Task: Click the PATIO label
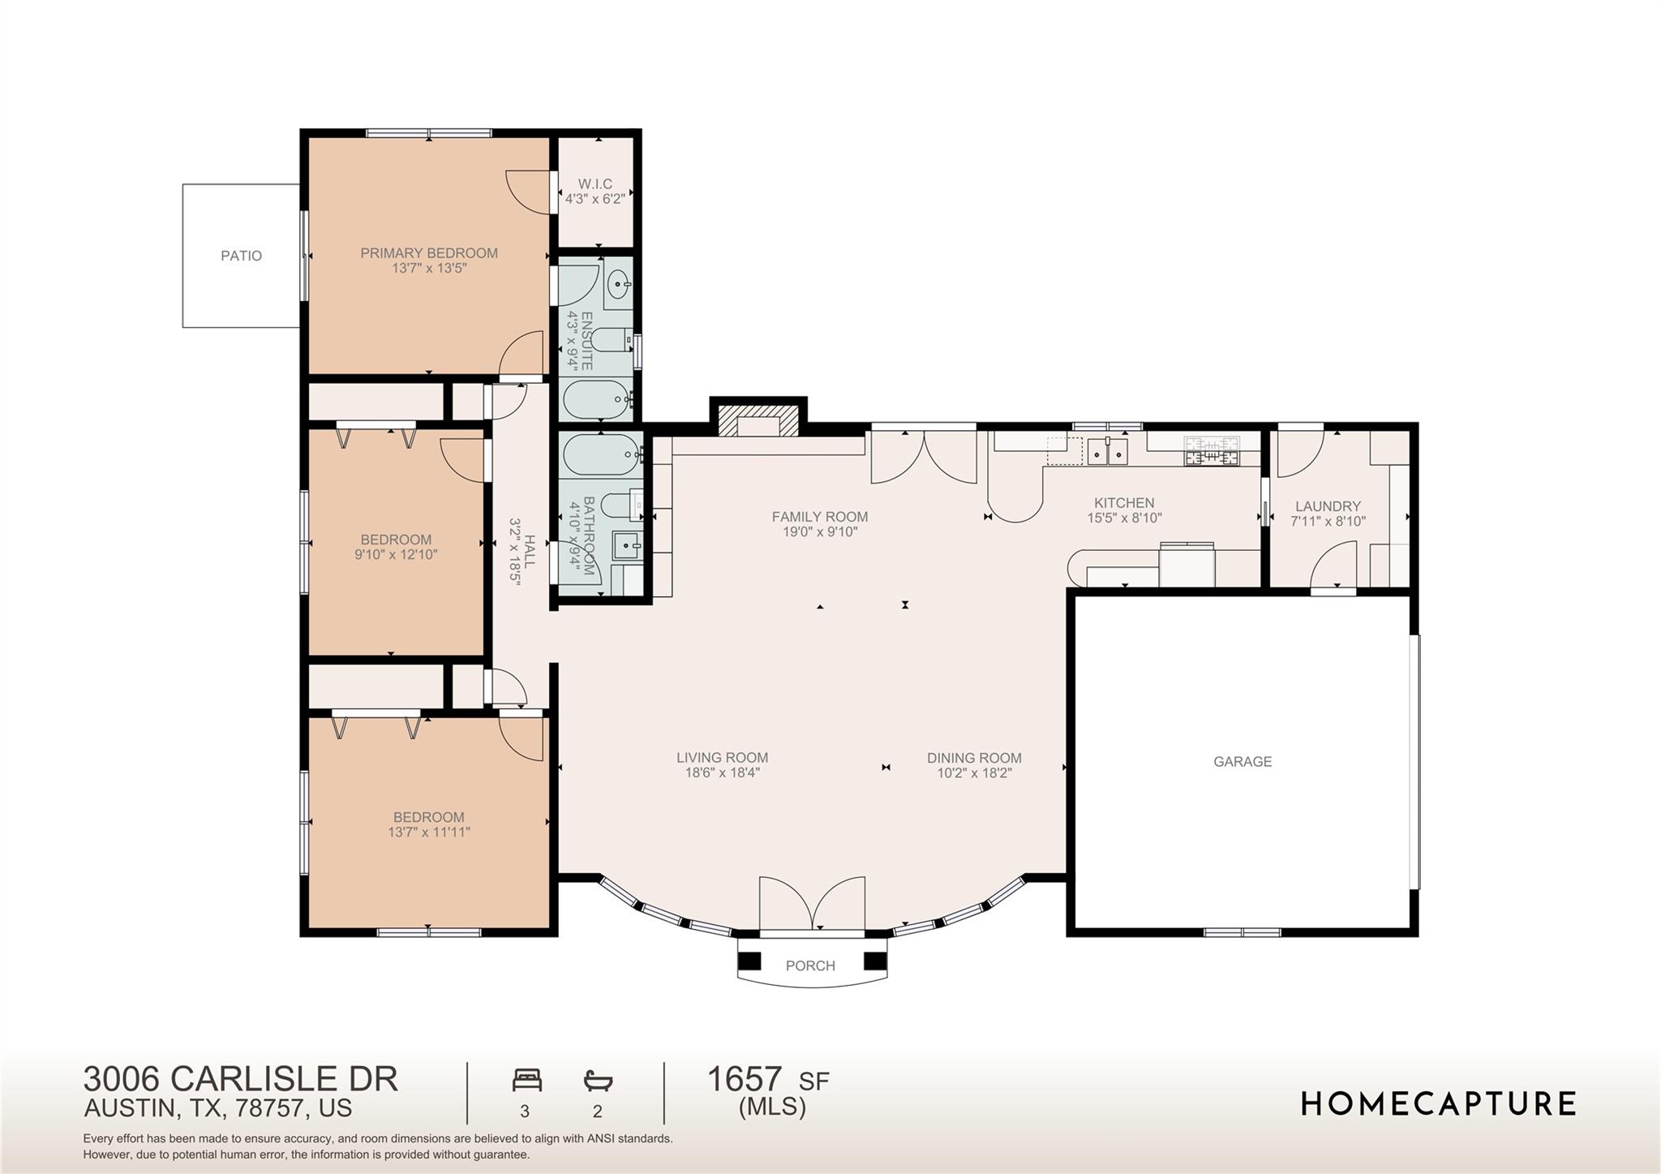[x=241, y=256]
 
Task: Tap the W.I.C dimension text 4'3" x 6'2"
[x=594, y=199]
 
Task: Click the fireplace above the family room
[x=758, y=424]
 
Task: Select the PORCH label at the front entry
[x=809, y=965]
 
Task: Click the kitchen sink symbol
[x=1107, y=452]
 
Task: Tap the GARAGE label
[x=1242, y=761]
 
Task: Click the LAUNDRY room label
[x=1328, y=506]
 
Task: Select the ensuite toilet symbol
[x=610, y=339]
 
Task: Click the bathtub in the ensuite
[x=596, y=399]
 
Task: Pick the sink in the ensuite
[x=618, y=284]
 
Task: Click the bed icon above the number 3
[x=526, y=1081]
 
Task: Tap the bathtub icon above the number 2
[x=598, y=1081]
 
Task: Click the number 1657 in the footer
[x=744, y=1080]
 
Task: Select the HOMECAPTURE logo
[x=1438, y=1103]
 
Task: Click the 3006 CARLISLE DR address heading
[x=241, y=1079]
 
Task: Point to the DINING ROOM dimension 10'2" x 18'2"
[x=974, y=773]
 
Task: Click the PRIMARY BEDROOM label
[x=429, y=253]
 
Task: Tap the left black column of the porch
[x=749, y=961]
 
